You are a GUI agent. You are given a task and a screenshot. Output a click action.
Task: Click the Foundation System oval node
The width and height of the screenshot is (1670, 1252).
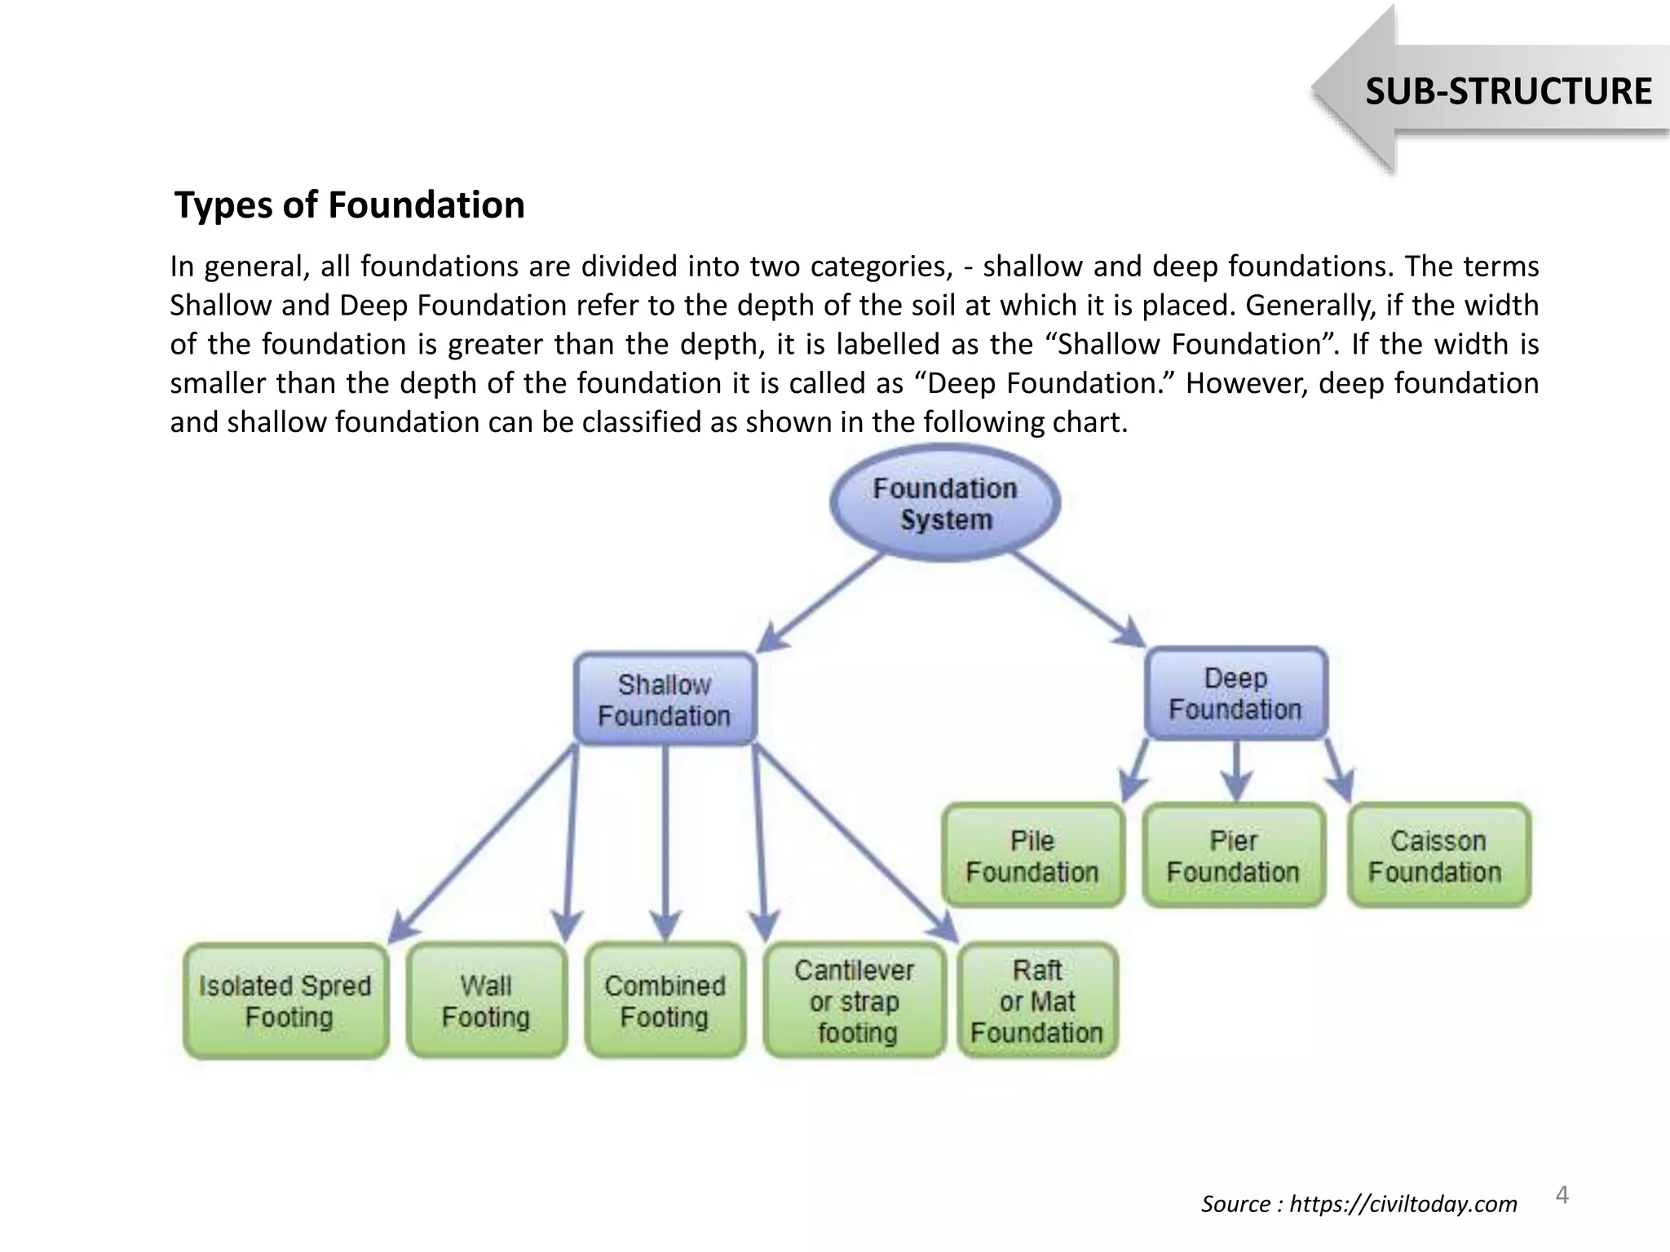[x=945, y=504]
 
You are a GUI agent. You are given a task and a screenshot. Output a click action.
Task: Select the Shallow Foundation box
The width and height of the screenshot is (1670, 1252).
[x=665, y=699]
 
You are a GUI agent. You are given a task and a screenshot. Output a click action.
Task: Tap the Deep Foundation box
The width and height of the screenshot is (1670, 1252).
[x=1236, y=694]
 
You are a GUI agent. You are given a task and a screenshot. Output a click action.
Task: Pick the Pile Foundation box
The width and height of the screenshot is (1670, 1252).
[x=1032, y=856]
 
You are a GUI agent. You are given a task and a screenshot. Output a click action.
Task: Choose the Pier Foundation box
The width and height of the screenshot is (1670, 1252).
[x=1234, y=856]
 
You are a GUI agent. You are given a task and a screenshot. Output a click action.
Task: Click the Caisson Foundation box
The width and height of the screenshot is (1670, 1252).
[x=1438, y=856]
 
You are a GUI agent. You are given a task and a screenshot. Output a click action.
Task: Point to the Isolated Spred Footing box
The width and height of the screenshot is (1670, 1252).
[x=286, y=1001]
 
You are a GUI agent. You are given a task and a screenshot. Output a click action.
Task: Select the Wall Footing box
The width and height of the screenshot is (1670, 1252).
[x=487, y=1001]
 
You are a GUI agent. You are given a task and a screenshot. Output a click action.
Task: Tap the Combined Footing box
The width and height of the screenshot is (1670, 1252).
[x=665, y=1001]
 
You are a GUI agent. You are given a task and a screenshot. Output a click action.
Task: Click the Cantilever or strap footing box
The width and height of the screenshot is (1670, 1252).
[x=855, y=1001]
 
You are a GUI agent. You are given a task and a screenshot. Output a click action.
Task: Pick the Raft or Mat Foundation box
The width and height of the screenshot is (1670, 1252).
[x=1037, y=1001]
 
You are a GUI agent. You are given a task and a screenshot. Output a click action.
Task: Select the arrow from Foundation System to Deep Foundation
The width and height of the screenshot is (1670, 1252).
[x=1076, y=599]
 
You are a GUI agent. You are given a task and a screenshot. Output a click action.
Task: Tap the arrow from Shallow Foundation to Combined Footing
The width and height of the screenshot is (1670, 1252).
[x=666, y=840]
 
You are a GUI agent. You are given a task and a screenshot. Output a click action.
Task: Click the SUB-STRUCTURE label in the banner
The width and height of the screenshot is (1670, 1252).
[x=1508, y=90]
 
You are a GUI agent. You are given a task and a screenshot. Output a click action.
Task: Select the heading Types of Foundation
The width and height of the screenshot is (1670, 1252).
[x=350, y=205]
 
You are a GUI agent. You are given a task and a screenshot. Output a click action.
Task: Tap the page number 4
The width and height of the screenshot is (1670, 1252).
[x=1562, y=1195]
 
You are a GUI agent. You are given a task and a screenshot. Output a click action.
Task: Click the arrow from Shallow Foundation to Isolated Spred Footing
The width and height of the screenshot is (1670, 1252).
[x=485, y=840]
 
